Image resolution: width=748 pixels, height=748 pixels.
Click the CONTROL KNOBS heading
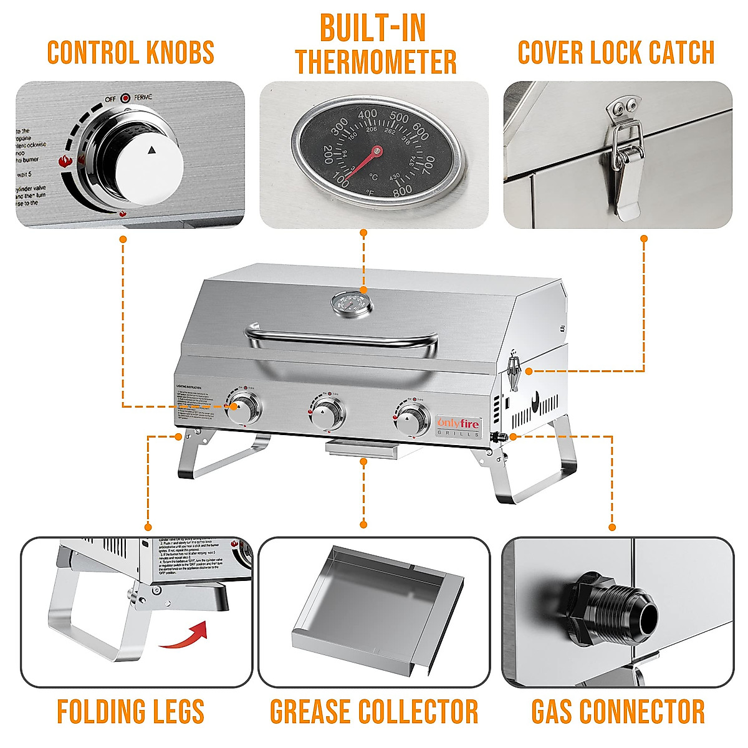point(131,53)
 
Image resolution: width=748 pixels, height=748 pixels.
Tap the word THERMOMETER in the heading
point(376,62)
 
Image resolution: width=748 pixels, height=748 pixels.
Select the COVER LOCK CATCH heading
point(616,53)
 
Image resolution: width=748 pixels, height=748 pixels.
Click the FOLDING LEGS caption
point(131,712)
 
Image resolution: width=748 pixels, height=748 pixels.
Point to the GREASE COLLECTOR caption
point(374,712)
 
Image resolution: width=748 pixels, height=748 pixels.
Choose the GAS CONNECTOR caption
point(618,712)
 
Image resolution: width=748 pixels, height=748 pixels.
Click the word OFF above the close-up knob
point(110,98)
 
